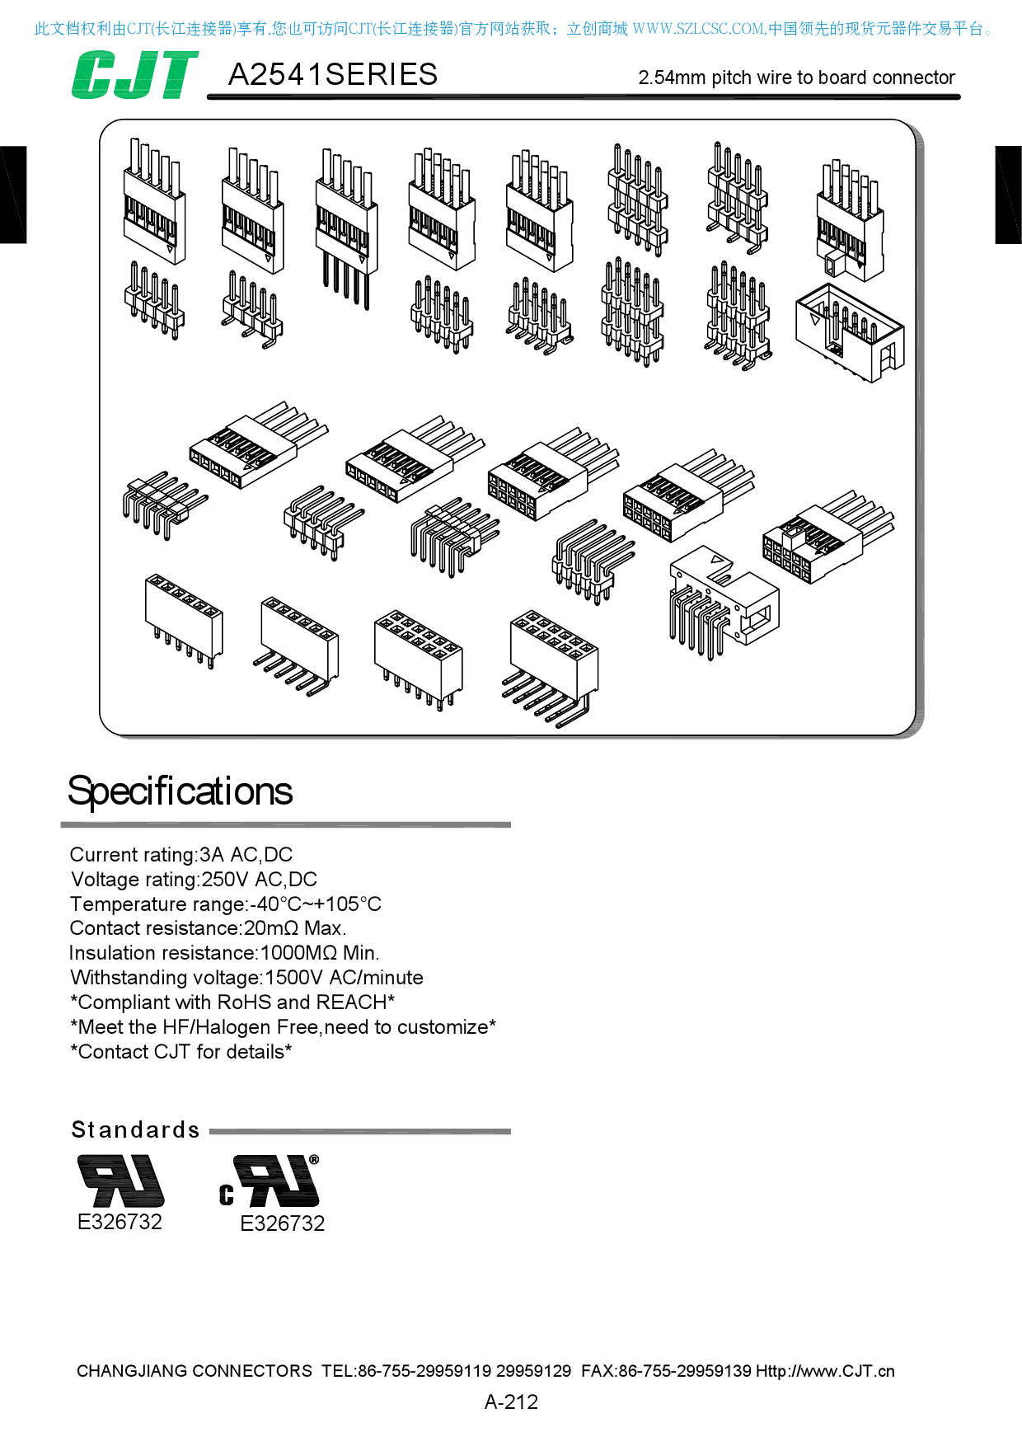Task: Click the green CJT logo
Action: tap(134, 75)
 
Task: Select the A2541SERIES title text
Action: tap(332, 75)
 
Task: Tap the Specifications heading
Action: tap(180, 791)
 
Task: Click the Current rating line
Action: tap(180, 855)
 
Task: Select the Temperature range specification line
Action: tap(225, 904)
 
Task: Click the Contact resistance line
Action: tap(208, 928)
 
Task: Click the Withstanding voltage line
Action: tap(246, 978)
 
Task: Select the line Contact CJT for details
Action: tap(180, 1052)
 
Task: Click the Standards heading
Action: tap(136, 1129)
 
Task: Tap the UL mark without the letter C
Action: tap(120, 1181)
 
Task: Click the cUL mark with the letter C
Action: tap(270, 1182)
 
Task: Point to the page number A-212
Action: tap(511, 1401)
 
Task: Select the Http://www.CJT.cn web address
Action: tap(825, 1371)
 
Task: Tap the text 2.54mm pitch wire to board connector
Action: tap(796, 77)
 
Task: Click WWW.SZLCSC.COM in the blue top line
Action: tap(698, 29)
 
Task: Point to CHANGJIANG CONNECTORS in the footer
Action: tap(195, 1371)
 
